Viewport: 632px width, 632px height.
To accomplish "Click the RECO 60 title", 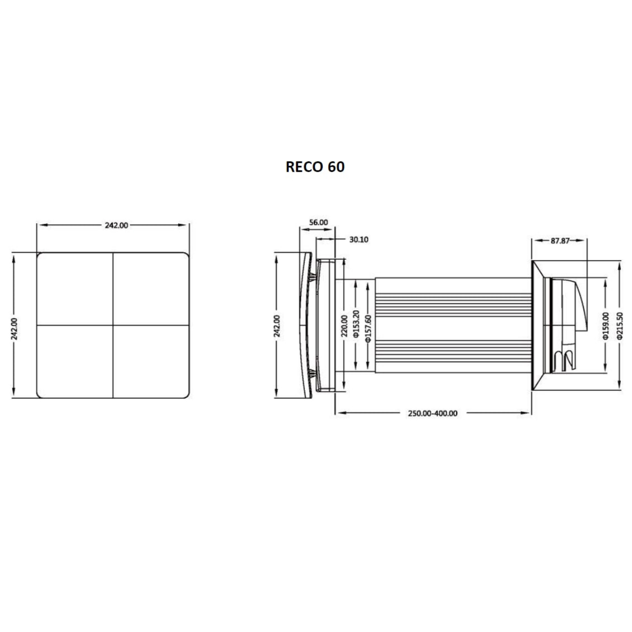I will coord(315,166).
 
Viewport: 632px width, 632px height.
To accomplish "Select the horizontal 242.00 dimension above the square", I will coord(116,225).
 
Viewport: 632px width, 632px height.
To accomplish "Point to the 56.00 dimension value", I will coord(318,223).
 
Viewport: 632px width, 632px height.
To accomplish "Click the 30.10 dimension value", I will coord(359,240).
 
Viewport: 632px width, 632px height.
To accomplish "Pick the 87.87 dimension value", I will coord(560,241).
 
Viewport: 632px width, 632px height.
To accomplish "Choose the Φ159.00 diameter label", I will coord(605,326).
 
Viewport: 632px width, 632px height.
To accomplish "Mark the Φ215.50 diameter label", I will coord(619,326).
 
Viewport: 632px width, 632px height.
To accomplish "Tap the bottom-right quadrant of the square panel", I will coord(152,361).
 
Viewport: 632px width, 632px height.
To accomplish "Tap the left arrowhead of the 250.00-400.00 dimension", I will coord(340,413).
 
